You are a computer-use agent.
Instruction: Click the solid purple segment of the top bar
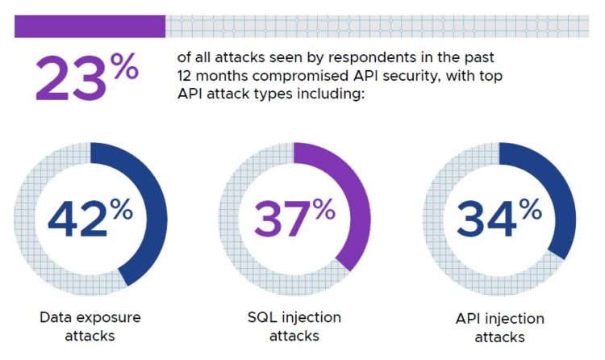point(90,27)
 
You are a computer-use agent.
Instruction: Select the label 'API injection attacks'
point(499,328)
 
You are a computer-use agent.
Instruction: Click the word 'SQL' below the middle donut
point(257,317)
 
